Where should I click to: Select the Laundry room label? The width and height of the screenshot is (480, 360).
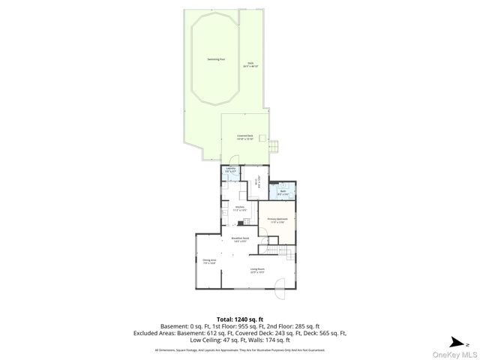click(232, 171)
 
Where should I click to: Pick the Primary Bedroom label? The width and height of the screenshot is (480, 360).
click(277, 220)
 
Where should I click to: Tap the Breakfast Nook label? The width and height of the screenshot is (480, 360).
click(240, 239)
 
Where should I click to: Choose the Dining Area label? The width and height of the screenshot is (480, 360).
click(209, 261)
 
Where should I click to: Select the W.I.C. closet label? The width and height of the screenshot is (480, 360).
click(257, 181)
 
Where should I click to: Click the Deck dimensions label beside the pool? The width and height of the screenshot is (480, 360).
click(251, 66)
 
